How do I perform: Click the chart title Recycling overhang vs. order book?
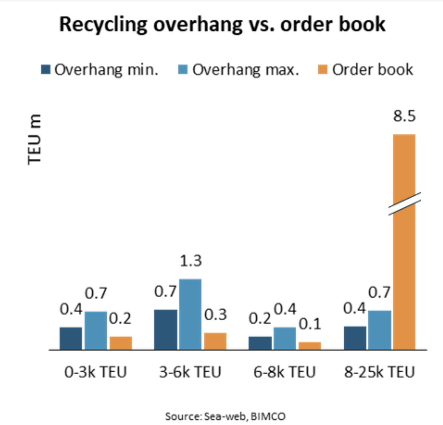tap(222, 25)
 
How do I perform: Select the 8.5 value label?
tap(404, 118)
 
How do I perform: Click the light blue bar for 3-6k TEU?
tap(190, 314)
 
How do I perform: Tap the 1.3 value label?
tap(190, 261)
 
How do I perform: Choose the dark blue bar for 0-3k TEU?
tap(71, 338)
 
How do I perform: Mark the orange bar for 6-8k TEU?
tap(309, 346)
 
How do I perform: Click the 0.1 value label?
tap(309, 324)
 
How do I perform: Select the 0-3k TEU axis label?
tap(96, 372)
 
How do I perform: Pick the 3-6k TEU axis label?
tap(190, 372)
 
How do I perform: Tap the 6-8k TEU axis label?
tap(285, 372)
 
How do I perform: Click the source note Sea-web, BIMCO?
tap(226, 417)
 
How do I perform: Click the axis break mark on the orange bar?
tap(404, 204)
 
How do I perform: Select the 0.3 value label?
tap(215, 315)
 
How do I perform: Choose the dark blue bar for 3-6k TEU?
tap(165, 329)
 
